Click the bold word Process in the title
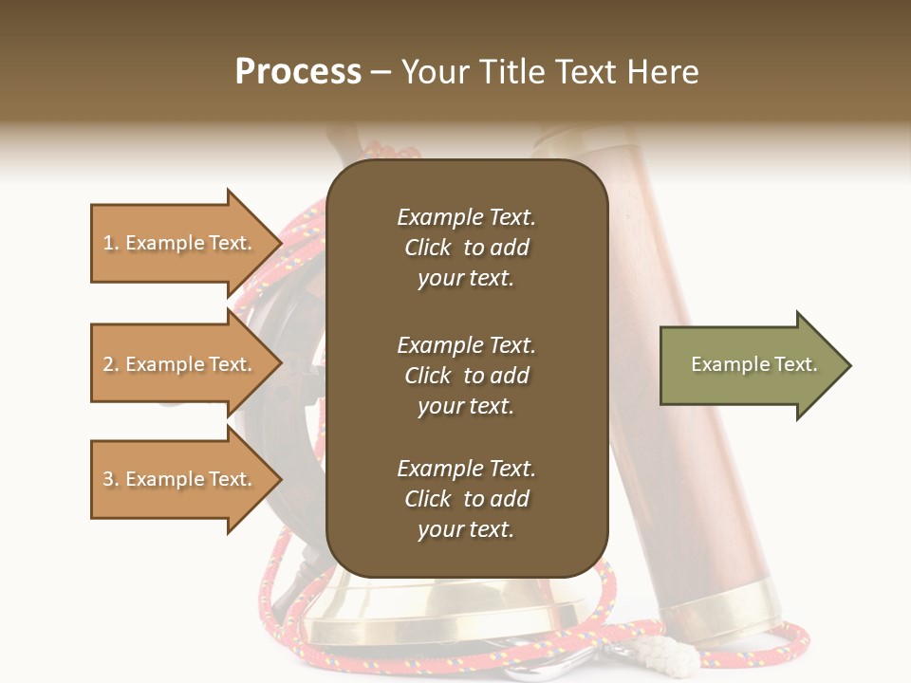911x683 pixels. pos(298,72)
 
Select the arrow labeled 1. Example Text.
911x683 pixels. pos(180,243)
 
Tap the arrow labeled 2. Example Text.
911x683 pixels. pos(180,364)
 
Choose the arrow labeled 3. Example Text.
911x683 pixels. pos(180,479)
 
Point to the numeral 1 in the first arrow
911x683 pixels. pos(107,244)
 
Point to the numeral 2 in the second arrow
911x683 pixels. pos(108,365)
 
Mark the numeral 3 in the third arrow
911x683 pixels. pos(108,480)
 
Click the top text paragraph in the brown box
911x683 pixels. pos(466,248)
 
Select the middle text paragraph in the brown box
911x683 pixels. pos(466,376)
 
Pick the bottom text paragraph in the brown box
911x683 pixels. pos(466,499)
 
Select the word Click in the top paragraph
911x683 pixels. pos(428,248)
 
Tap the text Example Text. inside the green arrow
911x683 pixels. pos(753,364)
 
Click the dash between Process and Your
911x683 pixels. pos(381,73)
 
